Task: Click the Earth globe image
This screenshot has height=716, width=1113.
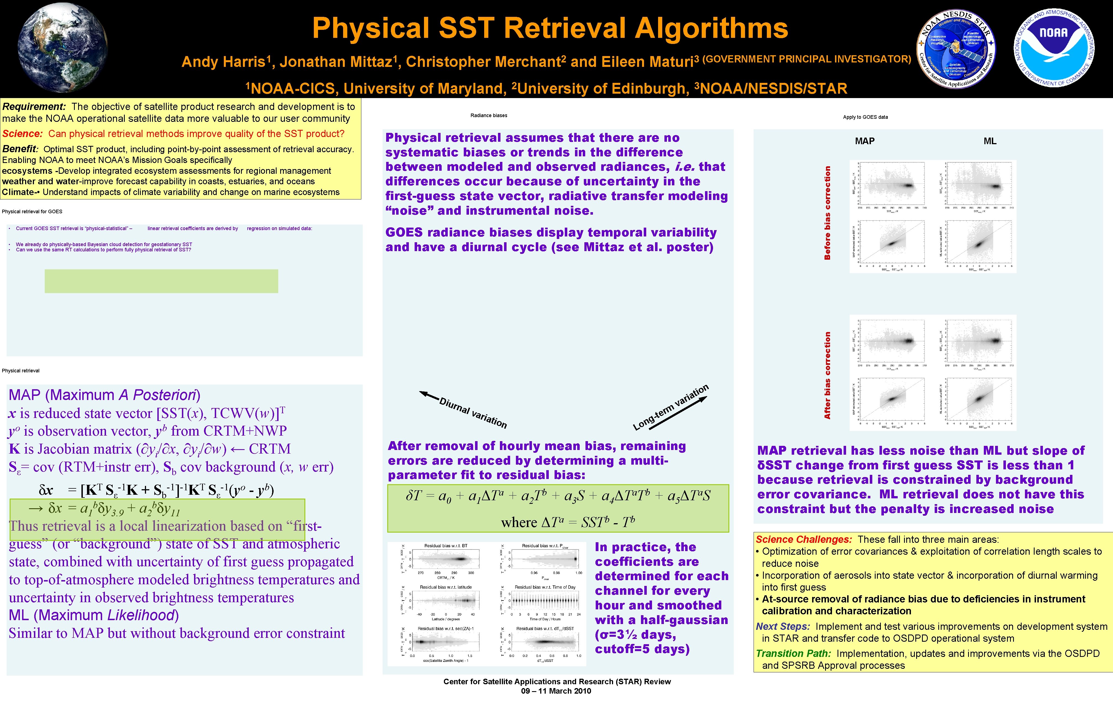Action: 63,48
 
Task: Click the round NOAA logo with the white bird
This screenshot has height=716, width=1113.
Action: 1054,48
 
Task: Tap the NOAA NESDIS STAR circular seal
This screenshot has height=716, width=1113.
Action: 956,49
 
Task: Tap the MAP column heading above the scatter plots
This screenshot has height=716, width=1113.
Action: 865,141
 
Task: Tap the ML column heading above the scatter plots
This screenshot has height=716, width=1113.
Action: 990,141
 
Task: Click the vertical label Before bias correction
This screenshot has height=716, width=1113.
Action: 827,213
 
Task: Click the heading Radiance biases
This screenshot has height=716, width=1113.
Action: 489,115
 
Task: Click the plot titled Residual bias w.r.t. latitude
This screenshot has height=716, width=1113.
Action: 446,602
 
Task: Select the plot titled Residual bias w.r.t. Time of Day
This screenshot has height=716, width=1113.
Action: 545,602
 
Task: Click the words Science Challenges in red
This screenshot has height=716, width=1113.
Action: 804,539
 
